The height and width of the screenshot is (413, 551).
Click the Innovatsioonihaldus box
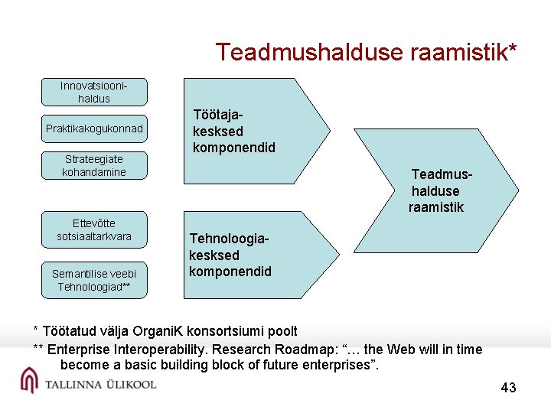click(x=94, y=92)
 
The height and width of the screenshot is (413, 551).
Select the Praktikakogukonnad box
click(x=94, y=128)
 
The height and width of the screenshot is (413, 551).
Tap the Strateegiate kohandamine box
click(x=94, y=165)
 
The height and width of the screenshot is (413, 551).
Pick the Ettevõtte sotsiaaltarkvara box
click(x=94, y=229)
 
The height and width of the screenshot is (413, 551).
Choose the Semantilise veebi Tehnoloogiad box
click(x=94, y=280)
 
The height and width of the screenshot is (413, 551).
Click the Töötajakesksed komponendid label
click(x=233, y=131)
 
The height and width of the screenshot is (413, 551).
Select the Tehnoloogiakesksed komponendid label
click(x=230, y=255)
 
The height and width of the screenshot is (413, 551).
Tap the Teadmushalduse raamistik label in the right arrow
click(x=439, y=190)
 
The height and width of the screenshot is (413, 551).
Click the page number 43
click(x=508, y=388)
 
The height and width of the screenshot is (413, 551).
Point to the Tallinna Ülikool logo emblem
click(x=29, y=380)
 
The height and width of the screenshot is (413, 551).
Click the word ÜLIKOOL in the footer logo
click(x=129, y=384)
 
